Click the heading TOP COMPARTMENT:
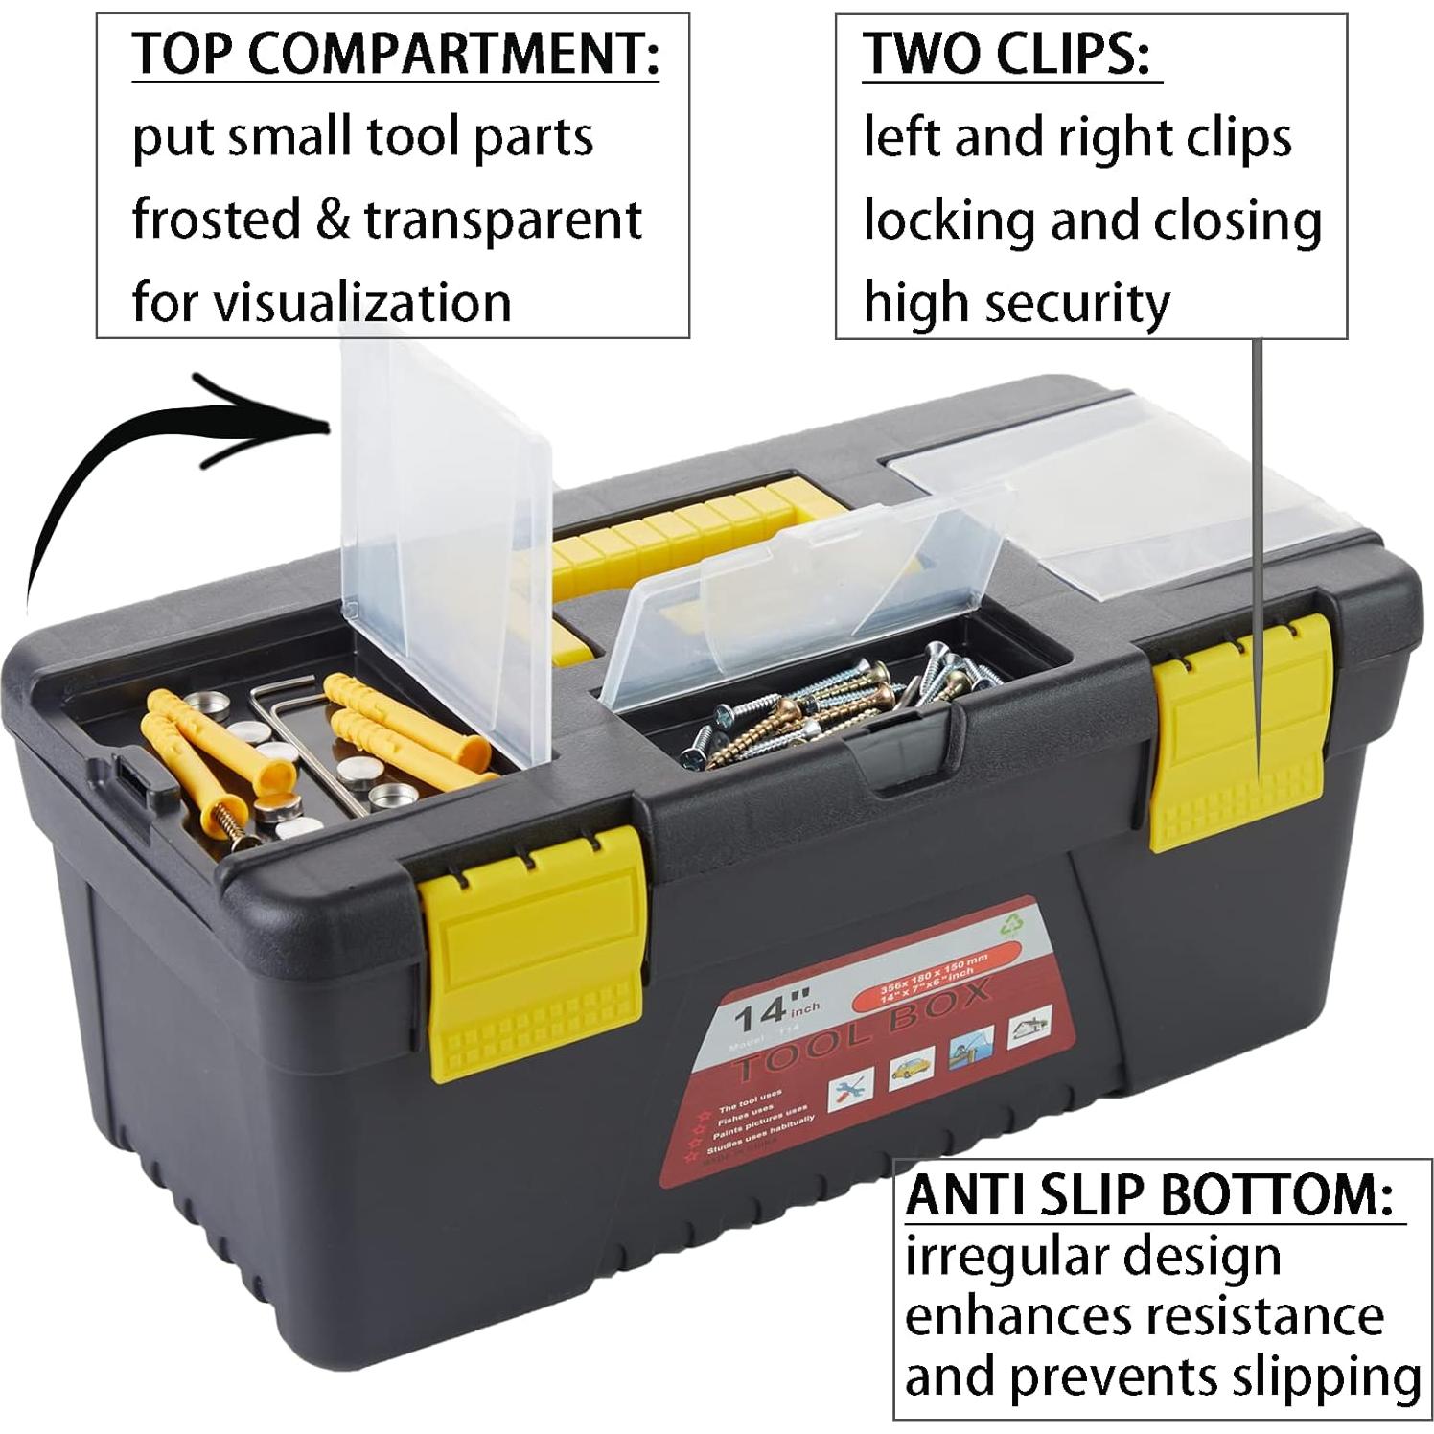point(395,54)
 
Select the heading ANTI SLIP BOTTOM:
point(1149,1195)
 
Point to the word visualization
point(361,302)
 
